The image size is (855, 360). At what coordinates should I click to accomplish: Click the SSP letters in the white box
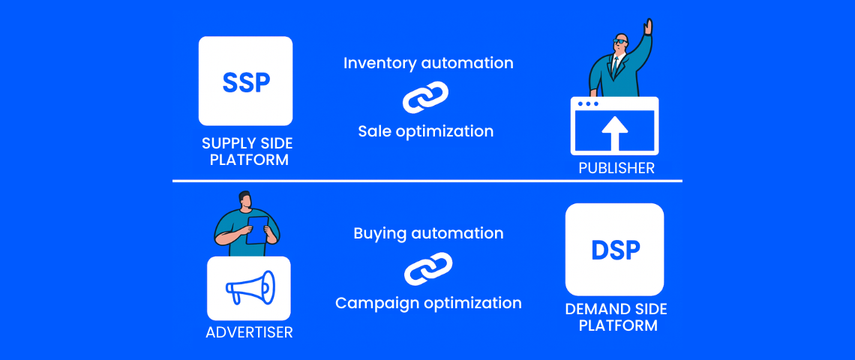246,82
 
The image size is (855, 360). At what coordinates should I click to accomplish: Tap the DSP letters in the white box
615,250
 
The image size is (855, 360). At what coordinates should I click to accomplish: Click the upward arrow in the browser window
614,134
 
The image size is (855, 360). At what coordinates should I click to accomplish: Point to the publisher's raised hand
648,26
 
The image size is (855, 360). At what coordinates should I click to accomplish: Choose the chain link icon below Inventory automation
425,97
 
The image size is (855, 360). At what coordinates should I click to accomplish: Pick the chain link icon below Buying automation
428,268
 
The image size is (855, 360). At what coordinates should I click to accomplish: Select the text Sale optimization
426,131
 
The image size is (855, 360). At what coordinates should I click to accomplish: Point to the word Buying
380,234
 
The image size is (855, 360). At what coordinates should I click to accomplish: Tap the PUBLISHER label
616,168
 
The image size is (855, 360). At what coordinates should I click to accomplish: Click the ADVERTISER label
249,332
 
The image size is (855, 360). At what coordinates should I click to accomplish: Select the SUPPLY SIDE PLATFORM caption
247,152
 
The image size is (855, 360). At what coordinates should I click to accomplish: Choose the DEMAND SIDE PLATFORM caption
616,317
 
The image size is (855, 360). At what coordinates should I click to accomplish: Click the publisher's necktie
615,66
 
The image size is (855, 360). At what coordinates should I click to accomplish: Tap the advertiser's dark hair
244,197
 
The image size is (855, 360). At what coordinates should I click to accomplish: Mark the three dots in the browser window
588,103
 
